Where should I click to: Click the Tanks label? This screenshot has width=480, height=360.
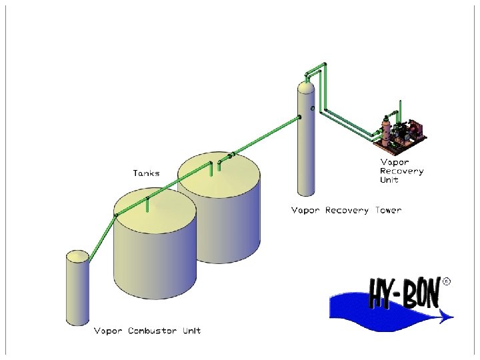(145, 173)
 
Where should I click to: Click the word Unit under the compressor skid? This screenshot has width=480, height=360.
(390, 180)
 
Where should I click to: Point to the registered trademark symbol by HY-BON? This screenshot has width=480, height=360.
(446, 281)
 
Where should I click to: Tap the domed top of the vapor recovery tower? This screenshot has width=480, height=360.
(305, 87)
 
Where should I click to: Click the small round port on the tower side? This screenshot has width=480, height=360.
(312, 107)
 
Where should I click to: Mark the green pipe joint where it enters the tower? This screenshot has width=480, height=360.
(299, 117)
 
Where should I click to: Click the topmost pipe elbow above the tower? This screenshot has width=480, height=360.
(325, 65)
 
